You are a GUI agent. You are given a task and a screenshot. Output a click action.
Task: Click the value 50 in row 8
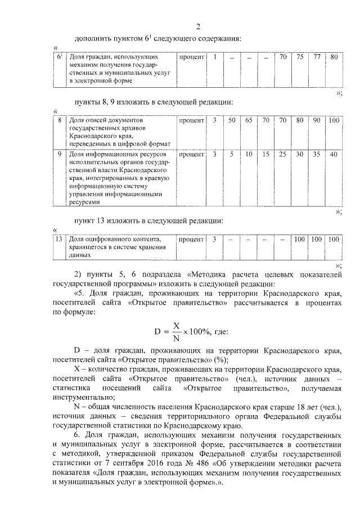coord(232,120)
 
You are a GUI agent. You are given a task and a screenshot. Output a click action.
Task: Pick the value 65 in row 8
coord(249,120)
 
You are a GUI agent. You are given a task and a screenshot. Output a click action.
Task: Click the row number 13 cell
coord(59,239)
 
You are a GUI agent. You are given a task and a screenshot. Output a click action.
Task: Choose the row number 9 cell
coord(60,154)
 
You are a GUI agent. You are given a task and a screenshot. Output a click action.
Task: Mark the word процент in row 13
coord(191,239)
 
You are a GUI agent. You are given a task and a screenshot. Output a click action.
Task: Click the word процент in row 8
coord(191,120)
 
